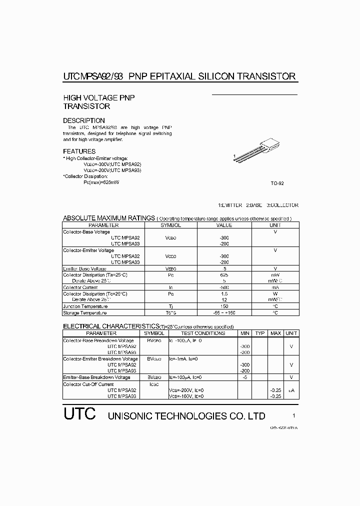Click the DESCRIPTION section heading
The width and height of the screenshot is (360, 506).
(84, 120)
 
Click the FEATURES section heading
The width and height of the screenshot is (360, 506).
(79, 151)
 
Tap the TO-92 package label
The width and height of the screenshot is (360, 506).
(277, 183)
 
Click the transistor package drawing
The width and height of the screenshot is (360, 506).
(259, 152)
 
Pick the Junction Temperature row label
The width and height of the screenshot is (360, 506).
(85, 306)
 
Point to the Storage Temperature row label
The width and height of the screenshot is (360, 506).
(84, 313)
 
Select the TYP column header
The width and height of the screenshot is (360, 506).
(260, 333)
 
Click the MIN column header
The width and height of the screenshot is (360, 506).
(244, 333)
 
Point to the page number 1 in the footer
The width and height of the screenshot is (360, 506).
(294, 415)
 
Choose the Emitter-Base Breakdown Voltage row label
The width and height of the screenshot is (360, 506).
(97, 377)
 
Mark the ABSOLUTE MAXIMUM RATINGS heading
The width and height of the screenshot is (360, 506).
(108, 218)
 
